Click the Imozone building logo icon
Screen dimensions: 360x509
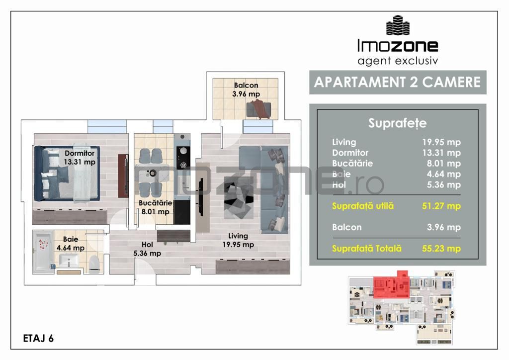(x=398, y=25)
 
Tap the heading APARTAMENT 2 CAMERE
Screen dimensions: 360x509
(x=398, y=82)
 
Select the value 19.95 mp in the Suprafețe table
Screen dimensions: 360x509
(x=441, y=142)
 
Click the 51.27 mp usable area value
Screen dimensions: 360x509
(x=441, y=206)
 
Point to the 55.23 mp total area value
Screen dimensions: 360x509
(x=441, y=249)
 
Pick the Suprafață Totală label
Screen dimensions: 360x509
(x=367, y=249)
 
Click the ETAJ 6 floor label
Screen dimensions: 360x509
(x=38, y=339)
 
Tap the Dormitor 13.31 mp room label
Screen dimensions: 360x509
(x=80, y=158)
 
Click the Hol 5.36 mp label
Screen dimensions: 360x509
(x=147, y=249)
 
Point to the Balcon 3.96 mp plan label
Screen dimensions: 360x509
(x=246, y=90)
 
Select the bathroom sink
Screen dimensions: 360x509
(x=68, y=260)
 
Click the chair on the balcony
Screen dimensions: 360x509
(x=260, y=109)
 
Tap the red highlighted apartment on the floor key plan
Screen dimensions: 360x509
(x=391, y=285)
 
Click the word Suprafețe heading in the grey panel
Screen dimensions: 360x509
(x=397, y=123)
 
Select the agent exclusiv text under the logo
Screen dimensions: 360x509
(x=397, y=61)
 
